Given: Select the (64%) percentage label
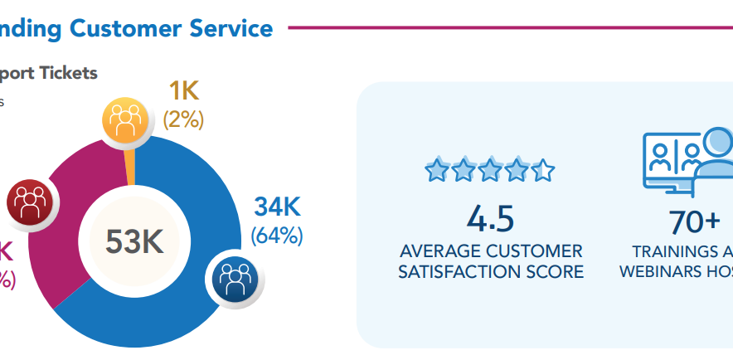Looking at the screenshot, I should pos(277,235).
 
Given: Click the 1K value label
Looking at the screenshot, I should pos(183,91).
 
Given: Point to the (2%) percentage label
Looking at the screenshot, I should pos(183,119).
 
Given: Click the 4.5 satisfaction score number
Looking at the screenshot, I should pos(490,219).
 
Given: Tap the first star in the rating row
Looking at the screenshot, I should pos(436,171).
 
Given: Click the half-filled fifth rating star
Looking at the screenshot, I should pos(543,171).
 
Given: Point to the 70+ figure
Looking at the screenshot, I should pos(695,222).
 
